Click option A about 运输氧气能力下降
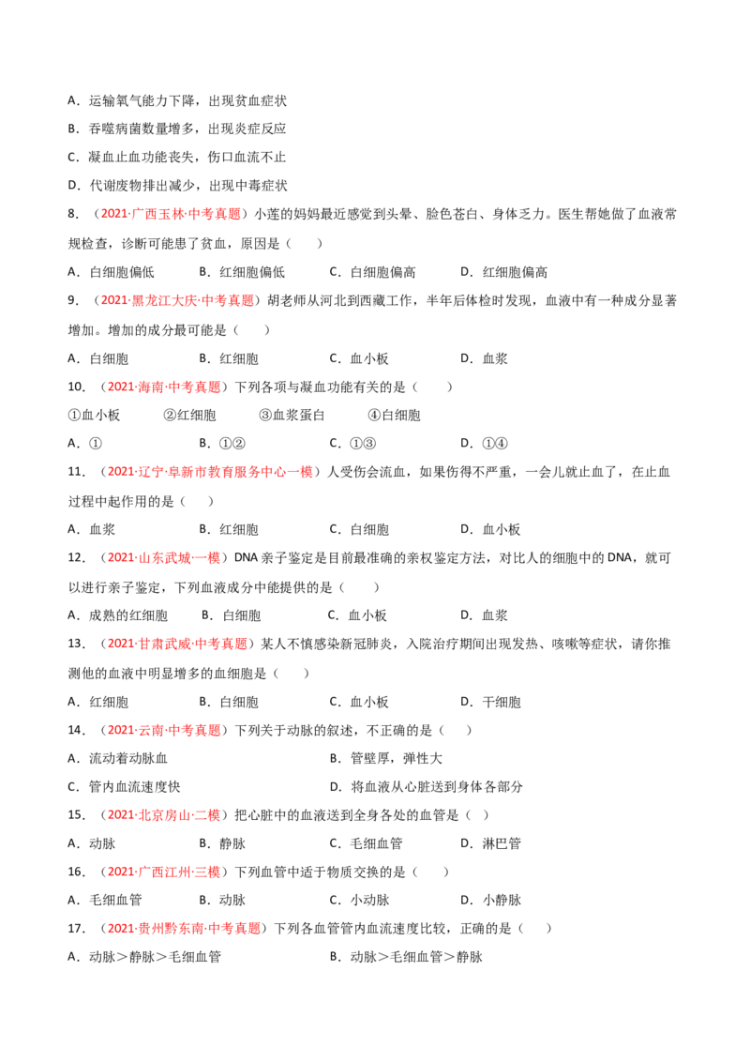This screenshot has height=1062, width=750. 177,101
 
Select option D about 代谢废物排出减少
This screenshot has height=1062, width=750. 177,186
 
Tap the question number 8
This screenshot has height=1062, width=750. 73,214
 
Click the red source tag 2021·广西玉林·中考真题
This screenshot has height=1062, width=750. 171,214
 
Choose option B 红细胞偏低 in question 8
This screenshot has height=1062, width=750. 242,272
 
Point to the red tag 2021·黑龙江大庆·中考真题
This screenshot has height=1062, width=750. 177,301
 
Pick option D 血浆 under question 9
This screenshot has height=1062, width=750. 484,359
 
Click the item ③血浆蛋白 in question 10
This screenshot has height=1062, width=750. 292,416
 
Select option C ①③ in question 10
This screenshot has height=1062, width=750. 352,444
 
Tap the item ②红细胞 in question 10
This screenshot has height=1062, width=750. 189,416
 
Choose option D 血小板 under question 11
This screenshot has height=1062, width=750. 490,530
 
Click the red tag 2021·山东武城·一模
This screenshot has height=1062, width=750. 164,558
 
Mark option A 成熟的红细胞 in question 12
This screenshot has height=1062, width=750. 118,615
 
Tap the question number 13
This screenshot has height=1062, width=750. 77,645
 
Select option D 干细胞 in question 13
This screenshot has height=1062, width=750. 490,703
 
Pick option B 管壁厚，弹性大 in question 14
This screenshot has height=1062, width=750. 386,759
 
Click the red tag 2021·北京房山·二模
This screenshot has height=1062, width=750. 164,815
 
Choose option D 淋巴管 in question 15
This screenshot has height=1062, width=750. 490,844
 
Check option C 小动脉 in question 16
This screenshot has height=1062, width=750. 359,900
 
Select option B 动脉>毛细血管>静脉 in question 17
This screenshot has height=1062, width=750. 406,957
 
